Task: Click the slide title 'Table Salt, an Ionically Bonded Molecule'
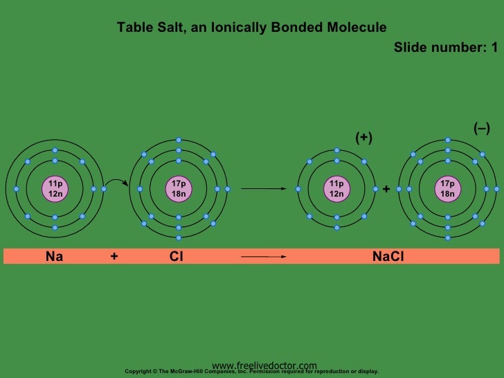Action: click(251, 28)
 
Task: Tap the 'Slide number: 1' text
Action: click(445, 48)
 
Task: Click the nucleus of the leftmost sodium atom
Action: click(55, 188)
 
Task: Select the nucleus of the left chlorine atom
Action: click(179, 188)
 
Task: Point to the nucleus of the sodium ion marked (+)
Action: click(336, 188)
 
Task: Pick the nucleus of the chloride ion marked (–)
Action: click(447, 188)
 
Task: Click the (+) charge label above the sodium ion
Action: click(363, 138)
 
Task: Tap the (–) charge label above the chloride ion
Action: click(481, 128)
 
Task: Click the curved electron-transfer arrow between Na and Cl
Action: click(115, 181)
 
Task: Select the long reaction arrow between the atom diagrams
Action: click(263, 188)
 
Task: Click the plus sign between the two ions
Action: click(386, 188)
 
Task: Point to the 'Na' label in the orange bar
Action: click(54, 257)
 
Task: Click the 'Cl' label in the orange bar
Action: click(176, 257)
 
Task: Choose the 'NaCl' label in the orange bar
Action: click(388, 257)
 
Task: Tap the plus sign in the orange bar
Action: click(114, 257)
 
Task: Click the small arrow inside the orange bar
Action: click(263, 257)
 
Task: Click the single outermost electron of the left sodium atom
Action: click(104, 188)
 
